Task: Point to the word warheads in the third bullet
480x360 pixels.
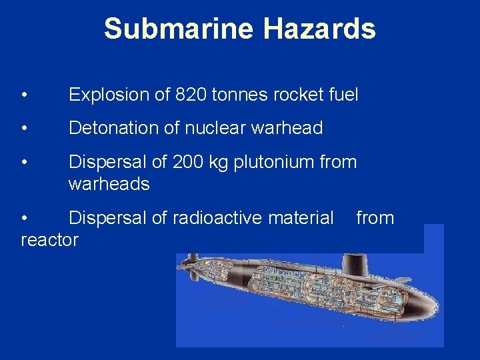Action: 109,183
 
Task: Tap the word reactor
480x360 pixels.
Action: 49,240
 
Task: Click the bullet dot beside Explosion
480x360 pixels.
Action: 24,95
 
